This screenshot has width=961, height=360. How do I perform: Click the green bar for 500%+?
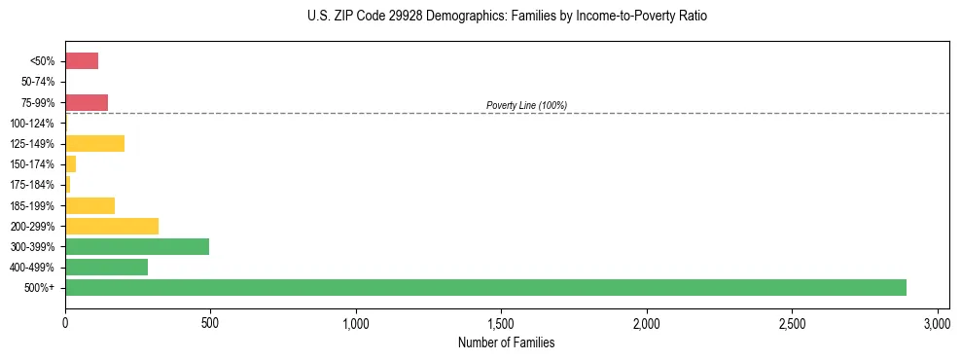point(485,287)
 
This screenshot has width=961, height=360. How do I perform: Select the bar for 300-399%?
point(137,246)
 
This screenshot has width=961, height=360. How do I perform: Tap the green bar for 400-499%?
point(106,267)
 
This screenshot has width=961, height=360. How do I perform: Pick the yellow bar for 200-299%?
point(112,226)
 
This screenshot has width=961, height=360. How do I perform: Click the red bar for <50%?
point(82,61)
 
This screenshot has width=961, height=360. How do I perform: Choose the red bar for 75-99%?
point(87,102)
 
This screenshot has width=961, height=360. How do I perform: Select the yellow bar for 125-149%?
point(94,144)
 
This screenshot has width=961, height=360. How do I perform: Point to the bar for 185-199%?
point(89,205)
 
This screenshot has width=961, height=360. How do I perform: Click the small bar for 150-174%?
point(70,164)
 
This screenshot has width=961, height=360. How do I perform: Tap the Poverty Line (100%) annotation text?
point(526,105)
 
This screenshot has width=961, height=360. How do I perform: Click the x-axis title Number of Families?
point(507,342)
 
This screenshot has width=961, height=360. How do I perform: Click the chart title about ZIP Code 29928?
point(507,17)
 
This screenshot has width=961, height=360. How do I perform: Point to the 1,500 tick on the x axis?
point(501,322)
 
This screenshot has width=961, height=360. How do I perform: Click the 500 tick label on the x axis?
point(210,322)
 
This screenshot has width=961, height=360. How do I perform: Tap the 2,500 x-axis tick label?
point(792,322)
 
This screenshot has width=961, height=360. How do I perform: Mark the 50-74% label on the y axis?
point(39,82)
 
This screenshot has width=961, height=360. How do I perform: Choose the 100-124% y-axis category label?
point(34,124)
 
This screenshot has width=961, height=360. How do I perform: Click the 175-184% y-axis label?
point(34,185)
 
